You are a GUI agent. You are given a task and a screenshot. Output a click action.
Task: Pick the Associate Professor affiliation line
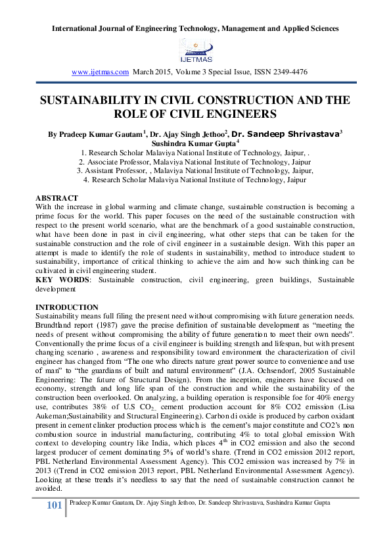(x=195, y=161)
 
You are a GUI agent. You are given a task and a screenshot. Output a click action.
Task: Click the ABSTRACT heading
(x=57, y=198)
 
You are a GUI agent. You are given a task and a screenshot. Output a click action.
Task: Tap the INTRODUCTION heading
(x=67, y=307)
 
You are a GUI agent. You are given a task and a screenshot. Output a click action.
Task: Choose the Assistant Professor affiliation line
(x=195, y=170)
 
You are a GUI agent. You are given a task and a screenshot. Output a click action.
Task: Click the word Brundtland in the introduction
(x=56, y=325)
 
